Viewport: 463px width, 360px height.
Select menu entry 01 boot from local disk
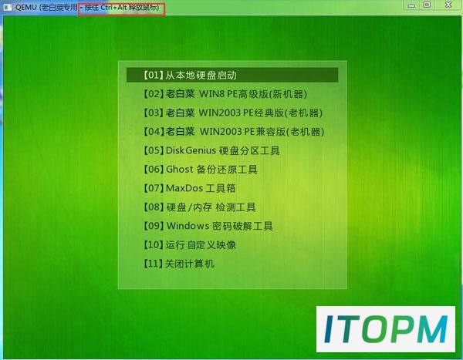pos(190,76)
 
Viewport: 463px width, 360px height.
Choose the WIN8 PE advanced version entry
pos(225,94)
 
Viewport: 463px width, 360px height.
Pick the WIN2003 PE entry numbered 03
pos(233,113)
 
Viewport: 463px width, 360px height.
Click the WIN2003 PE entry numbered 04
pos(234,132)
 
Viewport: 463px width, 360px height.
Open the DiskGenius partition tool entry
pos(211,150)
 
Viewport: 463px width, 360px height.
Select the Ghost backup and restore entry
pos(200,170)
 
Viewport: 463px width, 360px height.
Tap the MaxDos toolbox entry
pos(189,188)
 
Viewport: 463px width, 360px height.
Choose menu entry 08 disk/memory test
pos(199,207)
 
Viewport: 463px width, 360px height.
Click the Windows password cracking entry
pos(208,226)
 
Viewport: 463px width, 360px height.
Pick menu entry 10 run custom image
pos(190,245)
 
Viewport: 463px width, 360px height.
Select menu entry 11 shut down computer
pos(179,264)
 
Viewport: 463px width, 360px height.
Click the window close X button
pos(448,5)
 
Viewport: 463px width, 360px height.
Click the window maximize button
pos(427,5)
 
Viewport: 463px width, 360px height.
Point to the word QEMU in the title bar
pos(26,7)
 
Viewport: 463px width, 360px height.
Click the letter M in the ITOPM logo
pos(432,329)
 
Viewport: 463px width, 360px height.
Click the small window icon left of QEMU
pos(7,7)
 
